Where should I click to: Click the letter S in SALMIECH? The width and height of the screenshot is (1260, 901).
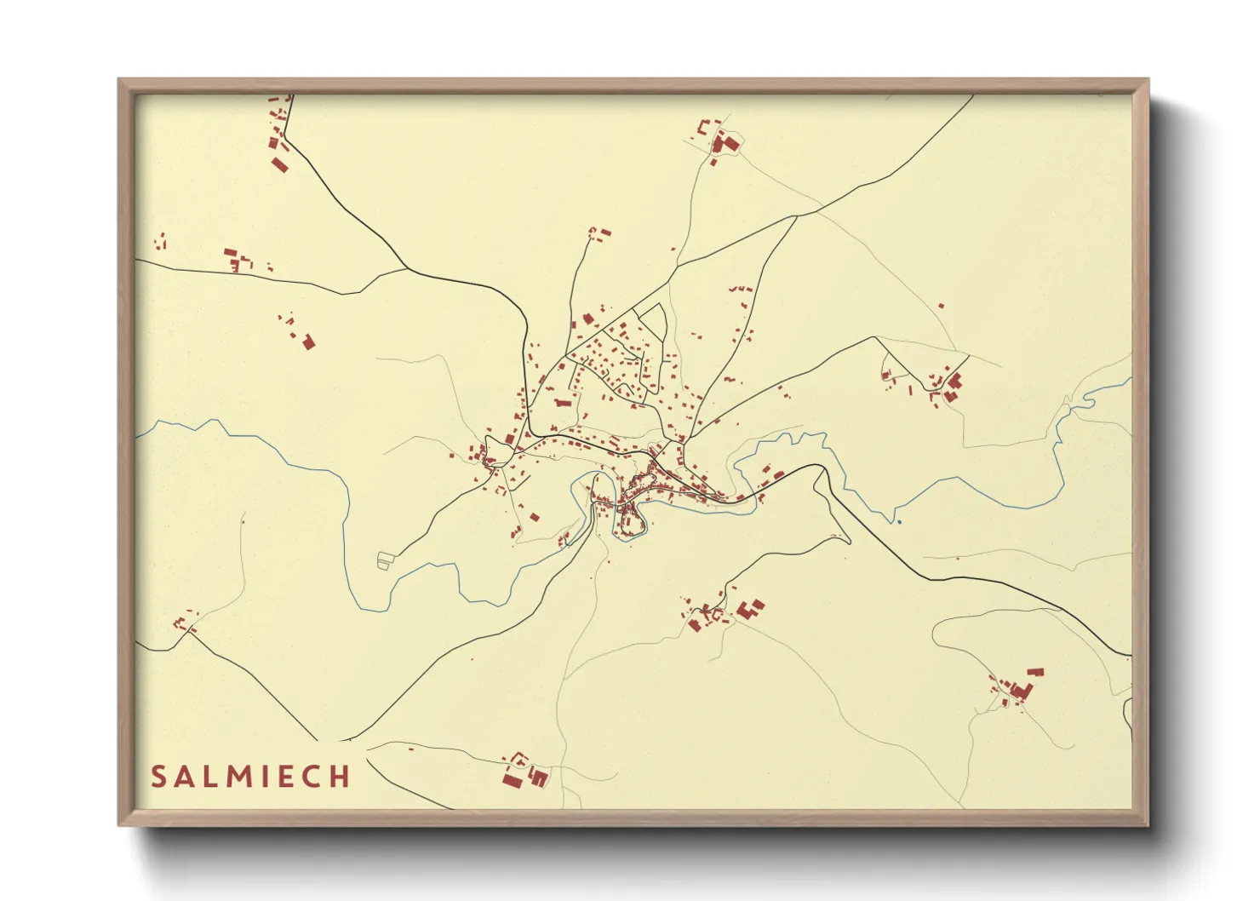tap(158, 777)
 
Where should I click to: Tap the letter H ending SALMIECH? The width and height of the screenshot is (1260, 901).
tap(341, 777)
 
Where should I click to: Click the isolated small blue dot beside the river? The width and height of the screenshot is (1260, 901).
tap(899, 521)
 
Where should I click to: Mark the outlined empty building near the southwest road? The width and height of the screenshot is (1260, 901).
tap(387, 560)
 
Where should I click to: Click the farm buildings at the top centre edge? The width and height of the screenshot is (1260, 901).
tap(722, 141)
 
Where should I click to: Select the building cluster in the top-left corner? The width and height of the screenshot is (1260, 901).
tap(278, 136)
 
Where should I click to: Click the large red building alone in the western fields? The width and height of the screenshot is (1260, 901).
tap(308, 341)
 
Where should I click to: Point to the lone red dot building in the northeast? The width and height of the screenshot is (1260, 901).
tap(941, 306)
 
